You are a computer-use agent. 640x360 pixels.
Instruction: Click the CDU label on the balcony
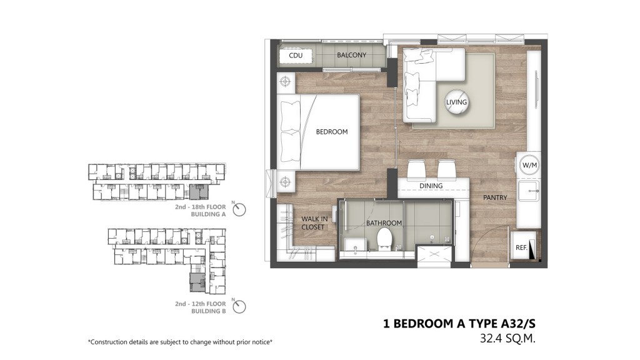pyautogui.click(x=296, y=56)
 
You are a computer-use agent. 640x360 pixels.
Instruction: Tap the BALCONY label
pyautogui.click(x=351, y=55)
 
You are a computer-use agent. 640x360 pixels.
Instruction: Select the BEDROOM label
pyautogui.click(x=332, y=132)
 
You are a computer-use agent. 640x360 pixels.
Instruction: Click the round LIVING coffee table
pyautogui.click(x=456, y=102)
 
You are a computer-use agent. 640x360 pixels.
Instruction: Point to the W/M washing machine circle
pyautogui.click(x=529, y=165)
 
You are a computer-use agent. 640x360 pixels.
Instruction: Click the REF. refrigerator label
pyautogui.click(x=521, y=247)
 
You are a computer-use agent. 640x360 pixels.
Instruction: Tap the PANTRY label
pyautogui.click(x=495, y=197)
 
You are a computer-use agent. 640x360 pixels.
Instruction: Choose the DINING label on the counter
pyautogui.click(x=431, y=186)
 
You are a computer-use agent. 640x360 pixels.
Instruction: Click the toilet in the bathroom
pyautogui.click(x=384, y=238)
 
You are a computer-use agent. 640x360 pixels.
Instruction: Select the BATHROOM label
pyautogui.click(x=384, y=223)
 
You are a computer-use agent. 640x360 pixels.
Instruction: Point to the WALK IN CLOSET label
pyautogui.click(x=314, y=223)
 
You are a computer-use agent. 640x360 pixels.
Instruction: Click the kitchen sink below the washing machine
pyautogui.click(x=529, y=191)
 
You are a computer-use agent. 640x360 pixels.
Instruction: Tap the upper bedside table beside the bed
pyautogui.click(x=285, y=82)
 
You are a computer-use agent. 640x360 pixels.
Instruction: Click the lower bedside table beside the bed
pyautogui.click(x=285, y=181)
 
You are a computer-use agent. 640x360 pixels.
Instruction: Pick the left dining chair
pyautogui.click(x=417, y=169)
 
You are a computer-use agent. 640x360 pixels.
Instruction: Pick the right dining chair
pyautogui.click(x=446, y=169)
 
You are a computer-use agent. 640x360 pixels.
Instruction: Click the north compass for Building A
pyautogui.click(x=239, y=209)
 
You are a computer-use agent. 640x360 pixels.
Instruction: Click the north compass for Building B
pyautogui.click(x=239, y=306)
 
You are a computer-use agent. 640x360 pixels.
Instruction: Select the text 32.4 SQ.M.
pyautogui.click(x=507, y=338)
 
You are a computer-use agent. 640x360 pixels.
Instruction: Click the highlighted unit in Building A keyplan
pyautogui.click(x=199, y=191)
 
